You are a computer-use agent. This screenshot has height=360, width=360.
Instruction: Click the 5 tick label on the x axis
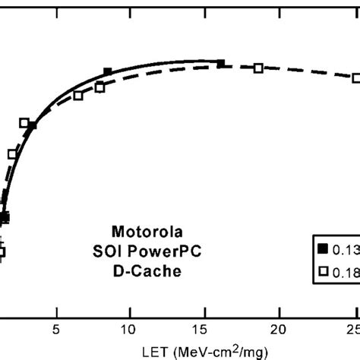(x=55, y=330)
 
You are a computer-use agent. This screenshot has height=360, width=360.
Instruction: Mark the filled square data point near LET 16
(x=221, y=64)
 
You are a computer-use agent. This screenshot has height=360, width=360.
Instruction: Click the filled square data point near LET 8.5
(x=107, y=72)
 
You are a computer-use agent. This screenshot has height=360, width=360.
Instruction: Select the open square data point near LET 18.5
(x=258, y=68)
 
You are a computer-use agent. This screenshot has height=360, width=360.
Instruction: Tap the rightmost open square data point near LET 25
(x=355, y=77)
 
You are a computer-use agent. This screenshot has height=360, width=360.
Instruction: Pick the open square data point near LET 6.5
(x=78, y=95)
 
